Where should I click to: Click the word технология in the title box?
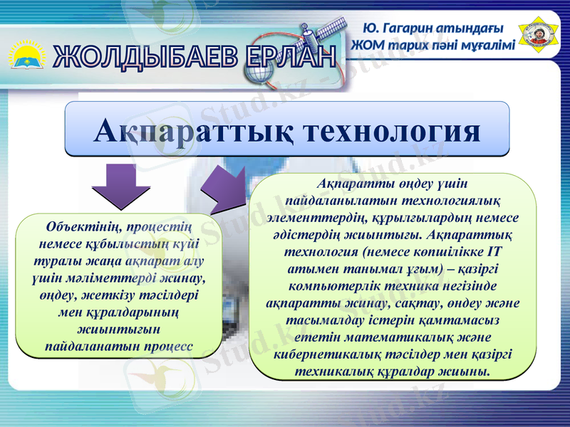pos(392,131)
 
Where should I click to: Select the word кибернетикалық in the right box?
pos(328,354)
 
